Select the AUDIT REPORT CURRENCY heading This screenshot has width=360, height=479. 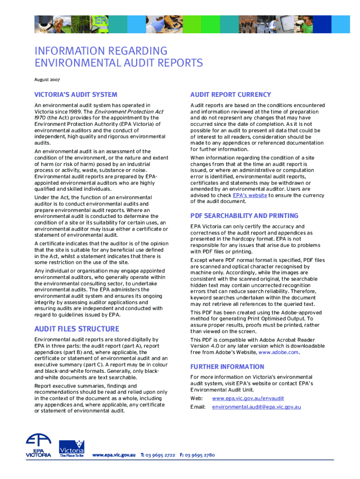(x=230, y=94)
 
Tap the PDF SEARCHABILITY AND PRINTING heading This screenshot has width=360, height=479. (x=244, y=216)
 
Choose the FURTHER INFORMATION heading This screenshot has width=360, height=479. (x=227, y=367)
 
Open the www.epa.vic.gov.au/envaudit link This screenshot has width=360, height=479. (x=248, y=399)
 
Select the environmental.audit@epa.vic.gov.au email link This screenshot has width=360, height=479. (x=256, y=407)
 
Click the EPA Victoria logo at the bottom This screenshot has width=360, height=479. (x=39, y=446)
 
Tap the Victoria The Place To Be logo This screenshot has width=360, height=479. (x=72, y=449)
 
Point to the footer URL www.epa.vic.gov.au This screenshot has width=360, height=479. (x=114, y=455)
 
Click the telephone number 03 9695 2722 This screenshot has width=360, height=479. (x=161, y=455)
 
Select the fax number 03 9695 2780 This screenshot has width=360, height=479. (x=200, y=455)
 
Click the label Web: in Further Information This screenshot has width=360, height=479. (x=196, y=399)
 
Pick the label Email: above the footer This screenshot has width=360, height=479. (x=198, y=407)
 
